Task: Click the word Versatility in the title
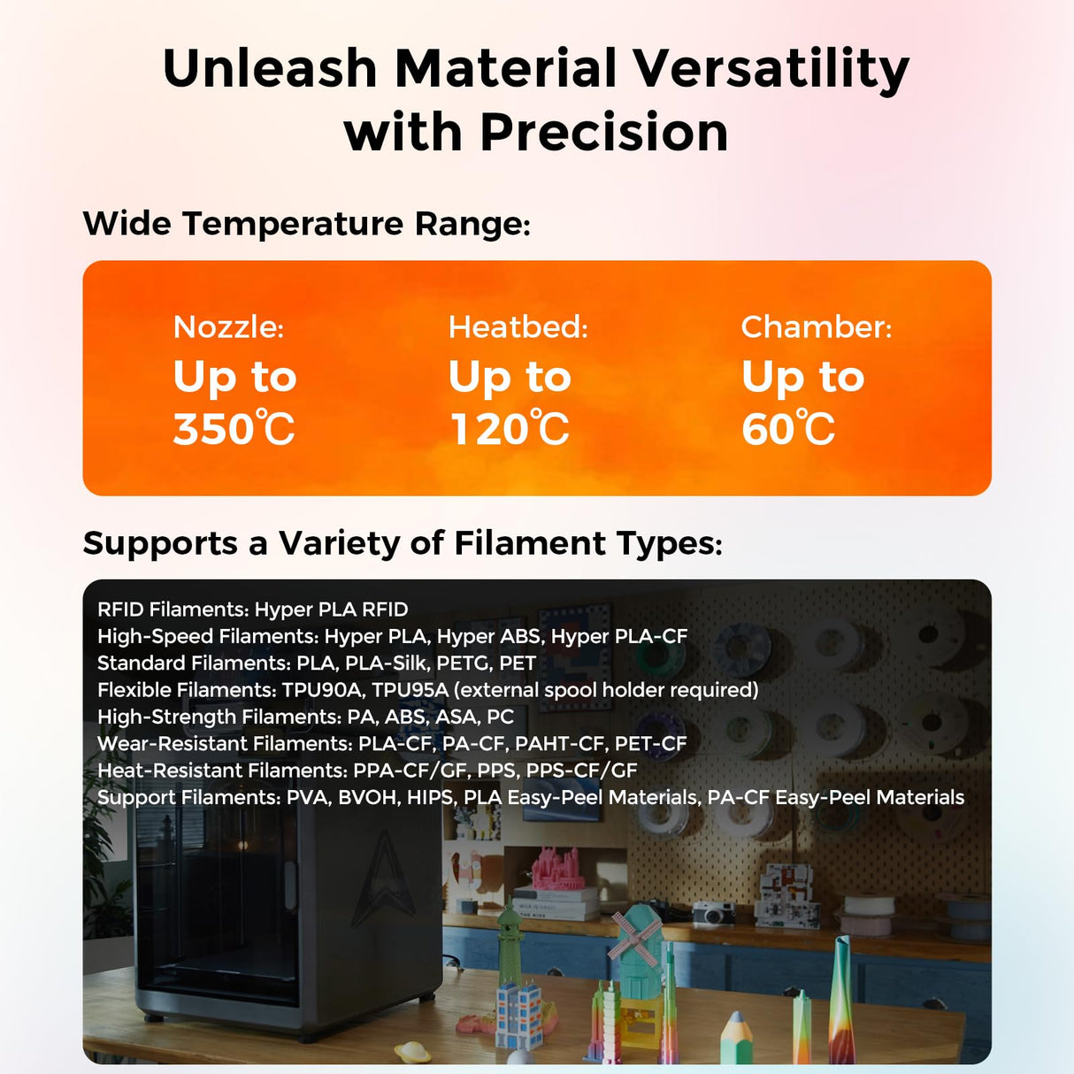(x=770, y=69)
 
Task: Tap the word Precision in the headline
(x=604, y=133)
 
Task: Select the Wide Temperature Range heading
(x=306, y=223)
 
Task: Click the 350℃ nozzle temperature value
(x=234, y=429)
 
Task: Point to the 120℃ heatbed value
(x=510, y=429)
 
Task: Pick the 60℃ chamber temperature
(x=787, y=429)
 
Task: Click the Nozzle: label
(x=228, y=327)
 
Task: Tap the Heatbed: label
(x=518, y=327)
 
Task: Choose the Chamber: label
(x=816, y=327)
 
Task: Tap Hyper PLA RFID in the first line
(x=331, y=610)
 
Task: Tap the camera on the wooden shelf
(x=713, y=912)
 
